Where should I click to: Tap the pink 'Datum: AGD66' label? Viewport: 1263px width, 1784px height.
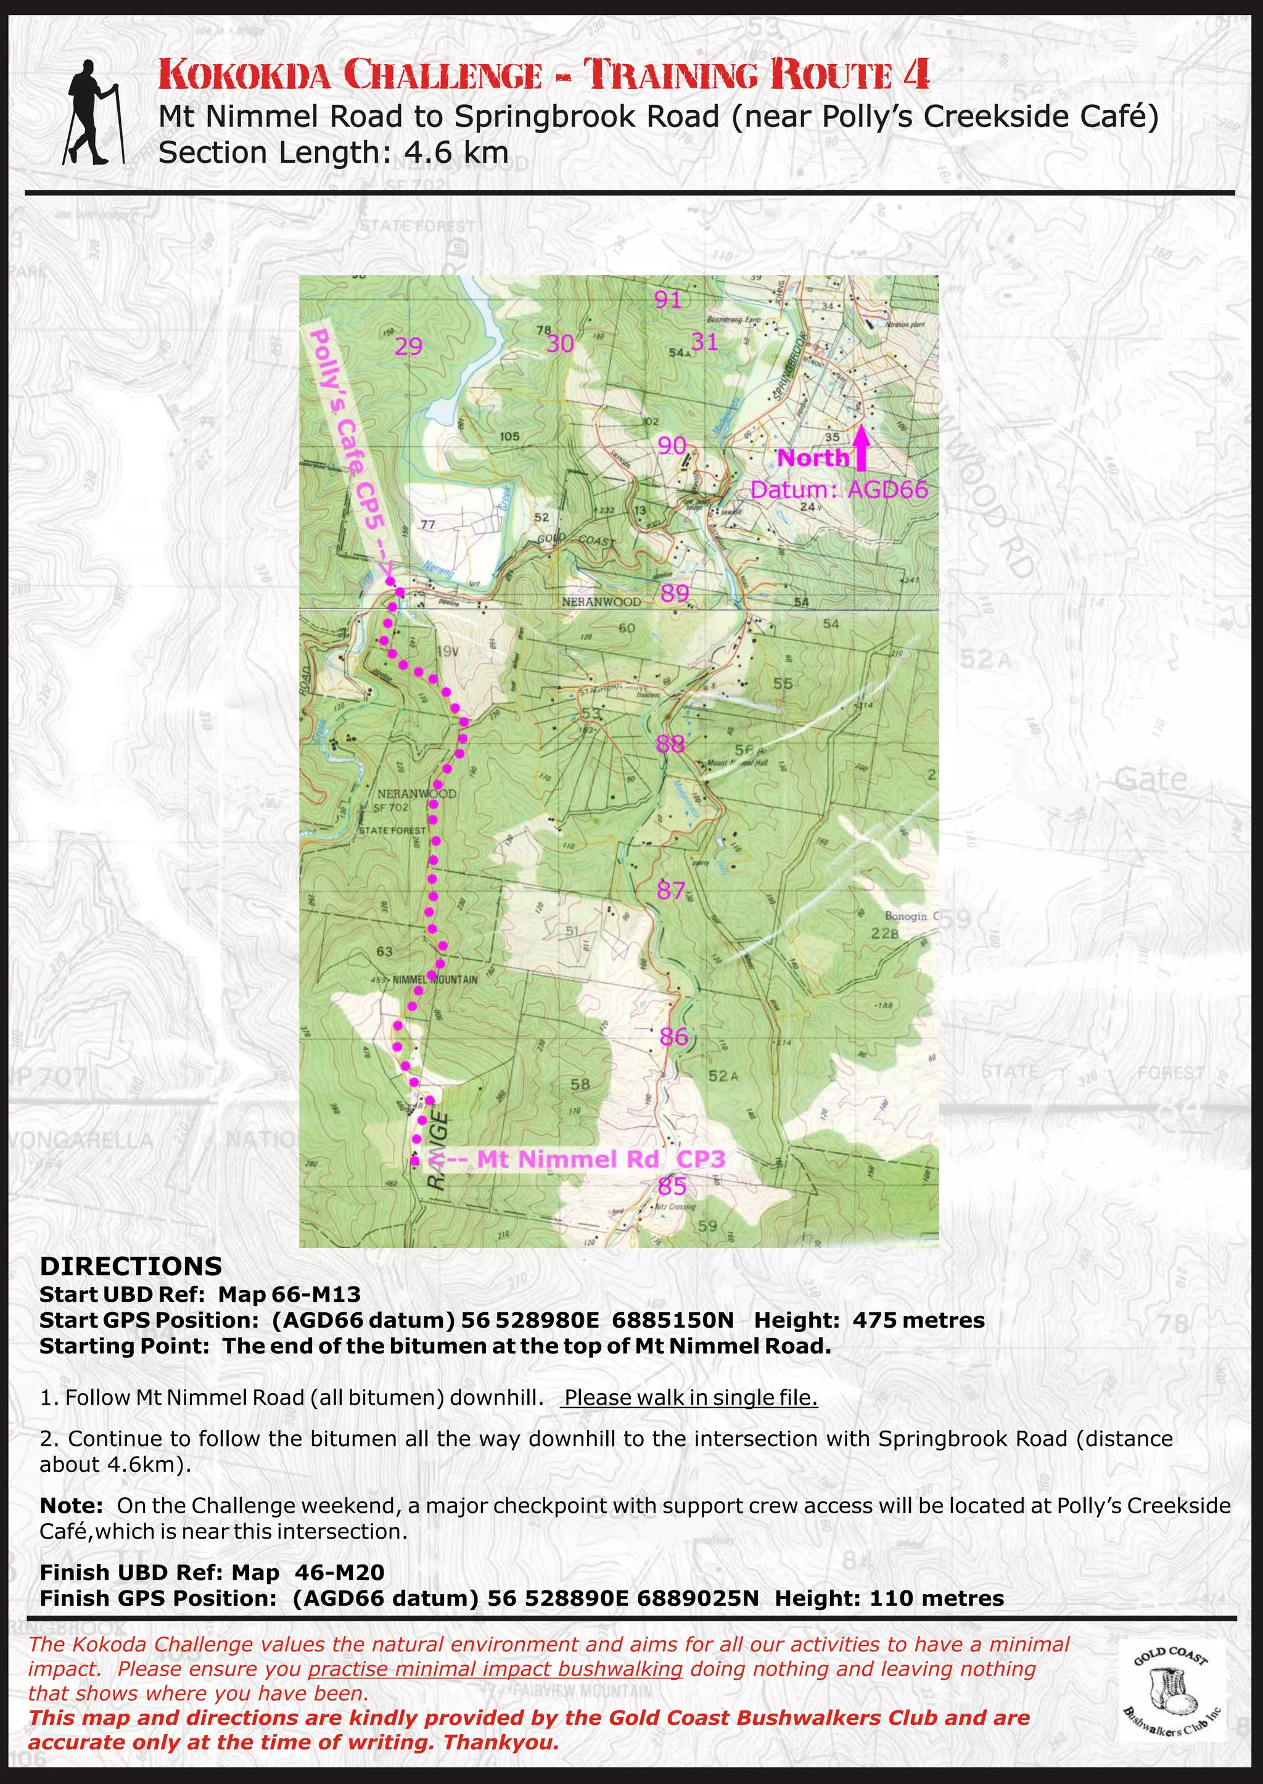[x=838, y=491]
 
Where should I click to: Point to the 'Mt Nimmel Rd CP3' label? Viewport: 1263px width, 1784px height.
[x=599, y=1159]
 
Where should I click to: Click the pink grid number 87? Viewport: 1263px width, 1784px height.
[x=670, y=890]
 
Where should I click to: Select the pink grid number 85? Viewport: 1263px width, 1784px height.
[x=672, y=1186]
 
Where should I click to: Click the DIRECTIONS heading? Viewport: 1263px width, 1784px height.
[x=131, y=1267]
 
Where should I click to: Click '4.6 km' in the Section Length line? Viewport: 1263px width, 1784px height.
[x=456, y=152]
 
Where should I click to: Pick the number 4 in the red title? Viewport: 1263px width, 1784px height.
[x=916, y=75]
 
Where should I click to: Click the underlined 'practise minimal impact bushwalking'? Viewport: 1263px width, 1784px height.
[x=495, y=1669]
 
